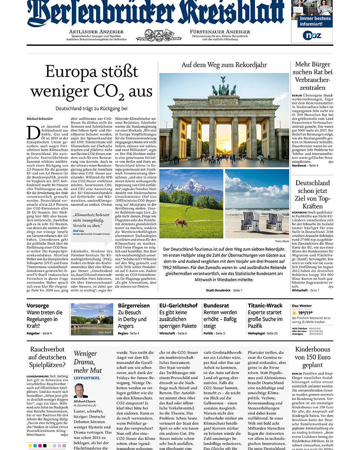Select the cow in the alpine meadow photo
tap(181, 223)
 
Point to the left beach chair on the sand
tap(251, 221)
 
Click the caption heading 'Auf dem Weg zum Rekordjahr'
tap(224, 65)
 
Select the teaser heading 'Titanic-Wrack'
tap(265, 305)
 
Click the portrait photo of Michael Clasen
tap(80, 390)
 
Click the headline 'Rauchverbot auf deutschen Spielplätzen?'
tap(47, 357)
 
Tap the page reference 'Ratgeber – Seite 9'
tap(39, 333)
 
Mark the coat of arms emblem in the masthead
tap(158, 35)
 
